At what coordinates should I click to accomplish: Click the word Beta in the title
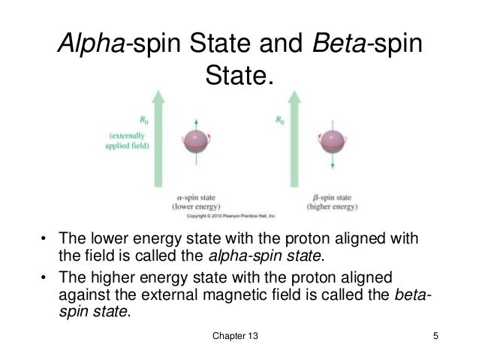coord(330,44)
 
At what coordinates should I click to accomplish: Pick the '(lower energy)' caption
coord(196,205)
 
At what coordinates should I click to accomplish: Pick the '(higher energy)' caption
coord(333,205)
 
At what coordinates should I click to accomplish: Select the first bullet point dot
coord(43,241)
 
